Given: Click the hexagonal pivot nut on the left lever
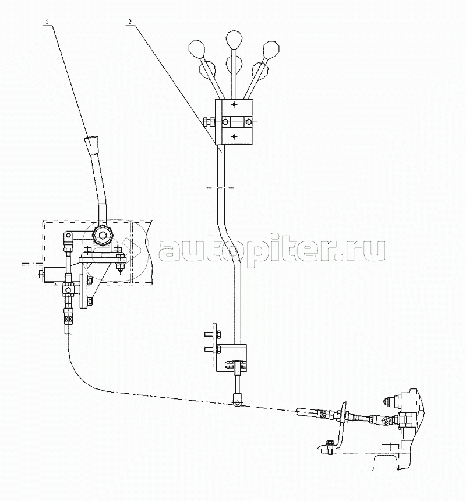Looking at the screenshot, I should (x=103, y=237).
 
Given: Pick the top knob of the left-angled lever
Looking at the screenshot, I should (x=196, y=47).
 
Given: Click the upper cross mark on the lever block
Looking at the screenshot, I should (x=234, y=105).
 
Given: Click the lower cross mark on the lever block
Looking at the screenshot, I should (x=234, y=136).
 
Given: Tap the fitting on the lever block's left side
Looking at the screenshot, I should (x=207, y=122).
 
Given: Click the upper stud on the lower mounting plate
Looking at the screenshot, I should (x=209, y=334).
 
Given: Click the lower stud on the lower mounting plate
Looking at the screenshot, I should (x=209, y=349).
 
